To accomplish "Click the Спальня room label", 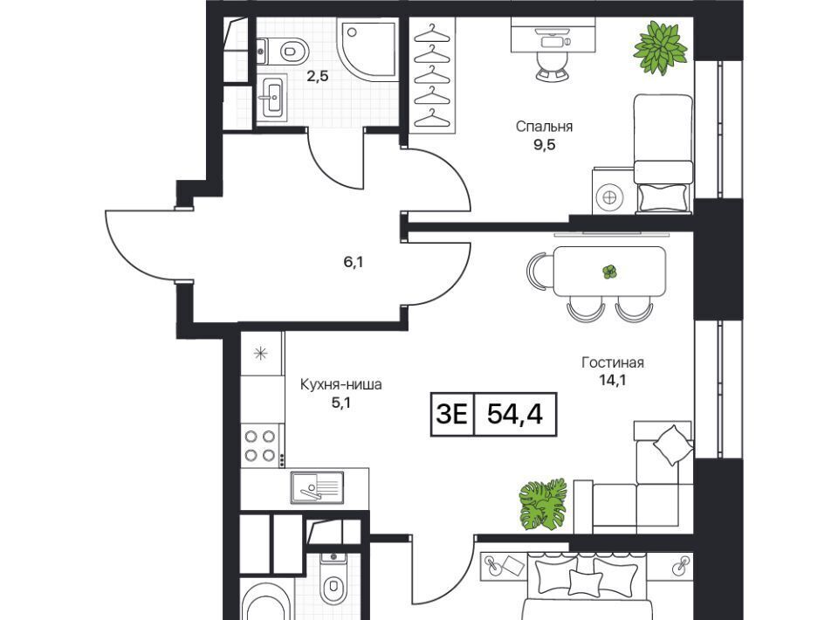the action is point(544,127).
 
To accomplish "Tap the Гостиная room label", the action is point(613,362).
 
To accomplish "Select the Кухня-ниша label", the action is point(341,384).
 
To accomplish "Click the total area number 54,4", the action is point(515,414).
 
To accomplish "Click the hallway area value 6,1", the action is point(354,262).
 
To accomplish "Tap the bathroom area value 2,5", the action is point(317,76).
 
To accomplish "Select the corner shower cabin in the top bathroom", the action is point(367,49).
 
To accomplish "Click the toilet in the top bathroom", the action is point(283,52).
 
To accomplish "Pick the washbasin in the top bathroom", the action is point(272,96).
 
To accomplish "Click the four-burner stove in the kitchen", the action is point(260,445).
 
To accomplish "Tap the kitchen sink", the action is point(317,487).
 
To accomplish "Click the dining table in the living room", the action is point(610,271).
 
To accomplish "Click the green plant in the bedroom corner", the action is point(661,47).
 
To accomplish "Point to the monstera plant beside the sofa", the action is point(543,504).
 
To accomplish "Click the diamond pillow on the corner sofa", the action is point(671,444).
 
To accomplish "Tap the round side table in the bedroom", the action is point(609,197).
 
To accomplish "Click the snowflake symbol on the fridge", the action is point(260,353).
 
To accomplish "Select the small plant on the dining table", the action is point(610,272).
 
